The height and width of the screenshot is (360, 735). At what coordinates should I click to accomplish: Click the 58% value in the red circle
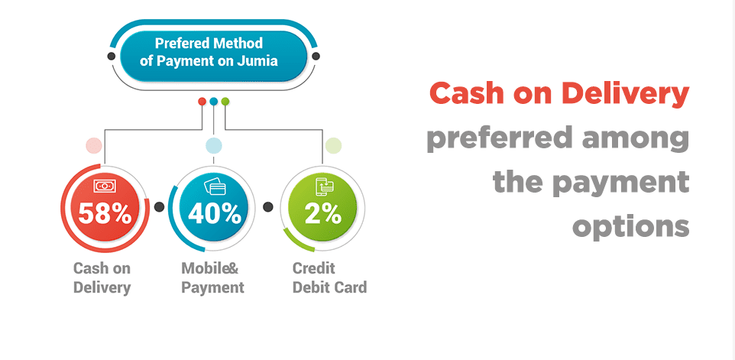105,213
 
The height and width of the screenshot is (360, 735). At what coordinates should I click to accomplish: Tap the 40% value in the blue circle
215,213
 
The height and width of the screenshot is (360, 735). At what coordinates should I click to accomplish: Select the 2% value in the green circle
323,213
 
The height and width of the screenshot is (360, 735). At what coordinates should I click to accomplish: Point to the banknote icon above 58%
104,186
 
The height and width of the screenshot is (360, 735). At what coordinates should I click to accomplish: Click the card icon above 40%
215,186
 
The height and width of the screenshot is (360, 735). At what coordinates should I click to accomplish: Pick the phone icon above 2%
325,186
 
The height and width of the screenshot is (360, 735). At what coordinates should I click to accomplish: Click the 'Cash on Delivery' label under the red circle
102,277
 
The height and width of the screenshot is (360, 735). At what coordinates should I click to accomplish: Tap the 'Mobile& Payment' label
212,277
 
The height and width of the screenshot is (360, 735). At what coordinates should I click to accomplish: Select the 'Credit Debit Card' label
329,277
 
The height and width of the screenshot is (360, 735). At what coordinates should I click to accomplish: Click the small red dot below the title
202,101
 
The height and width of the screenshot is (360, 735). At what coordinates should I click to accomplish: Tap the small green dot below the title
225,101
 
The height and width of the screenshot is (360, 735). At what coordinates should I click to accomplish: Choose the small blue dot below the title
214,101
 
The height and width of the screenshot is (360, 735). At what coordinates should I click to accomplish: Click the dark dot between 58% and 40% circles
160,206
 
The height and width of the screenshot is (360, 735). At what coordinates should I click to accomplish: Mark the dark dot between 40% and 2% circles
268,206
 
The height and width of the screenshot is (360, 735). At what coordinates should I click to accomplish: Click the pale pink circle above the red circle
94,146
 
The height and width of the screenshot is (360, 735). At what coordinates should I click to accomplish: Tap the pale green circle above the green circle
333,146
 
